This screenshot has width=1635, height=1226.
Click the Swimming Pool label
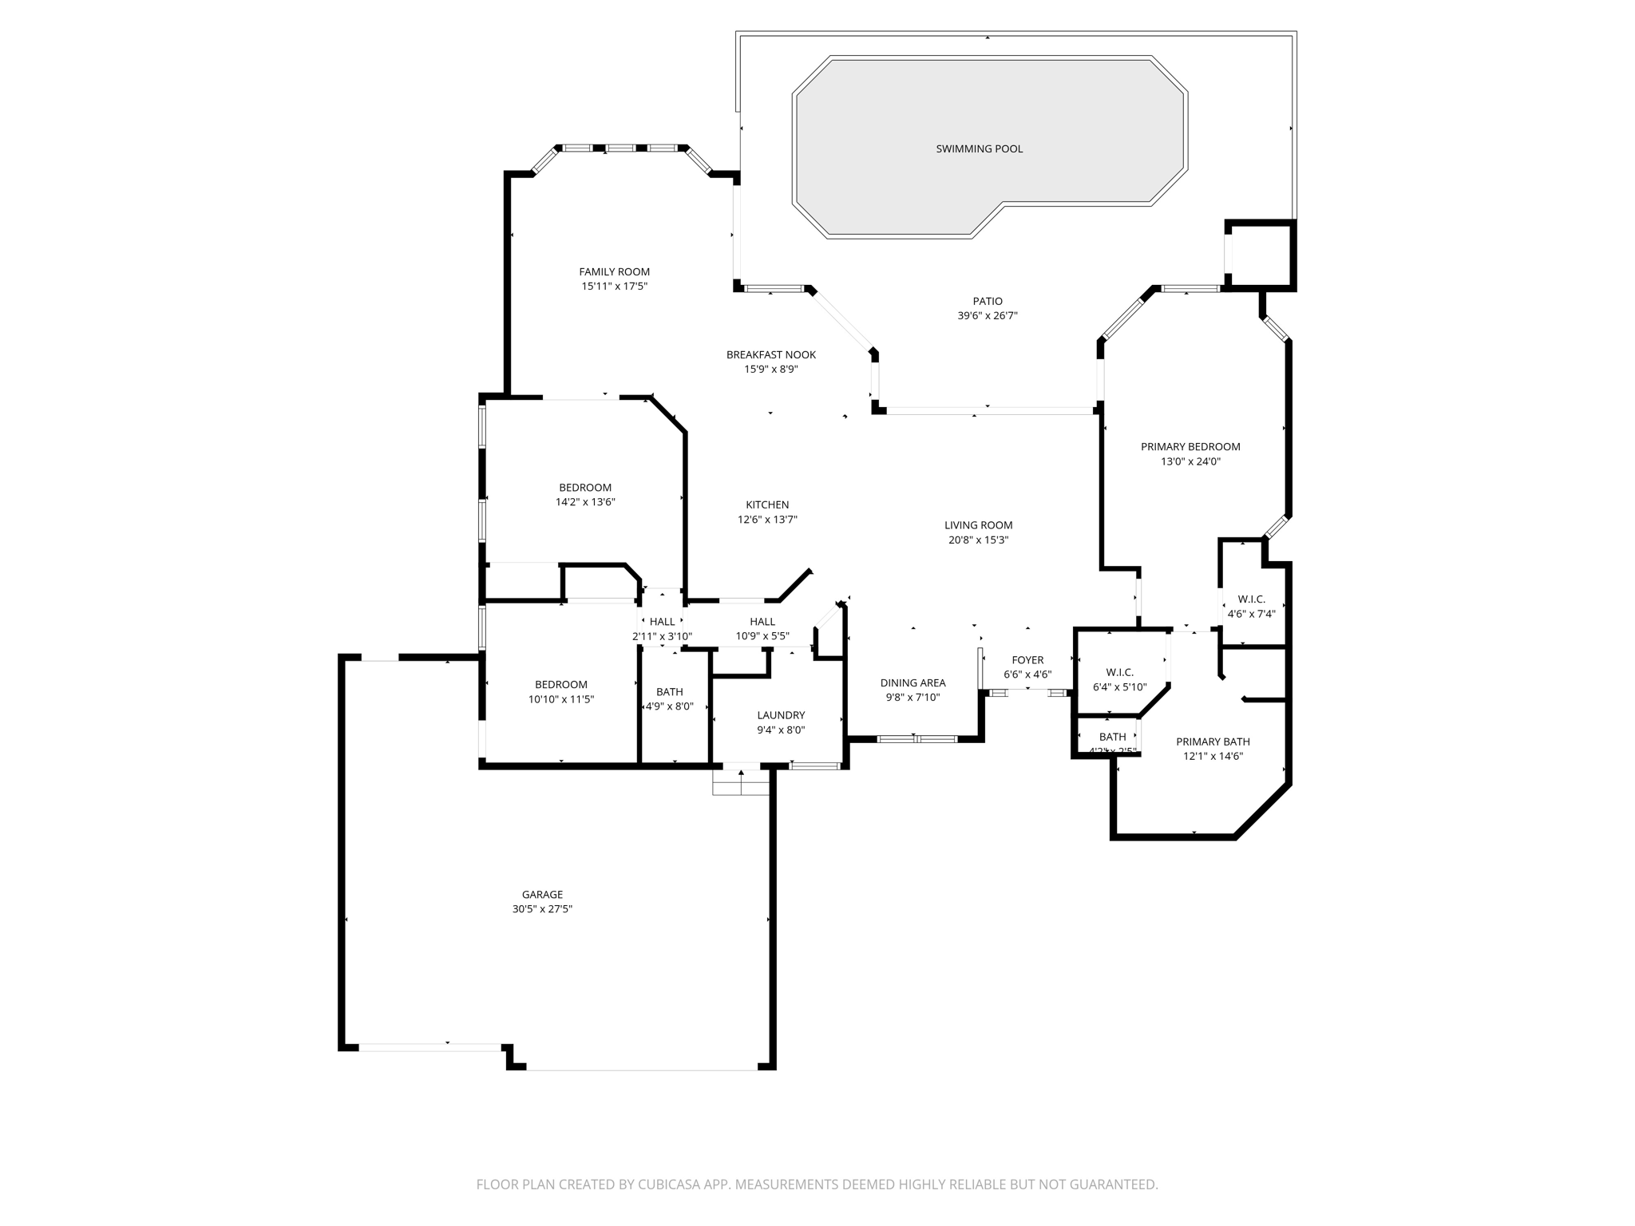(x=979, y=148)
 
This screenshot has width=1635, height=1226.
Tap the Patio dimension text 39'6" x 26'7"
(x=987, y=316)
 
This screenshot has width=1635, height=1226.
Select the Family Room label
(x=614, y=271)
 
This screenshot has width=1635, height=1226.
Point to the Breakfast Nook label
(x=770, y=354)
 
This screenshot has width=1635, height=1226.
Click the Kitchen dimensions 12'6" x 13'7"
(x=766, y=520)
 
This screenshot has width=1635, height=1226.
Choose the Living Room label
(x=978, y=525)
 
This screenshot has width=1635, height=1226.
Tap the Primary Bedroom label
(x=1190, y=447)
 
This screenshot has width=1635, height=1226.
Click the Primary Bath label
(x=1212, y=742)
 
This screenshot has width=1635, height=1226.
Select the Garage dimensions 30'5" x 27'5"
(x=542, y=909)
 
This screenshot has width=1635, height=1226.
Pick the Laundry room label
(x=780, y=715)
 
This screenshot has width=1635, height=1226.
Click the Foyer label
(x=1027, y=660)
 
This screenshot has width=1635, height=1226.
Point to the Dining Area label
(x=913, y=682)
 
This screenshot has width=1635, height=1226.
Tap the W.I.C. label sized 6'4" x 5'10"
(x=1119, y=673)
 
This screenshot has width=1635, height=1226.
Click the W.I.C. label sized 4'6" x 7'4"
(x=1251, y=599)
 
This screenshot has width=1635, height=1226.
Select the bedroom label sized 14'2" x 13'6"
(x=584, y=488)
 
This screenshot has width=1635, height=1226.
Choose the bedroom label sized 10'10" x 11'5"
(x=560, y=685)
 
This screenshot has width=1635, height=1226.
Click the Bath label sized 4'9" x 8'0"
(x=669, y=692)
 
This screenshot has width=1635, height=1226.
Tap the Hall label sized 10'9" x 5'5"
(x=762, y=622)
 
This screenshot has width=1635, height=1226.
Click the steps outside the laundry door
(x=741, y=783)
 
